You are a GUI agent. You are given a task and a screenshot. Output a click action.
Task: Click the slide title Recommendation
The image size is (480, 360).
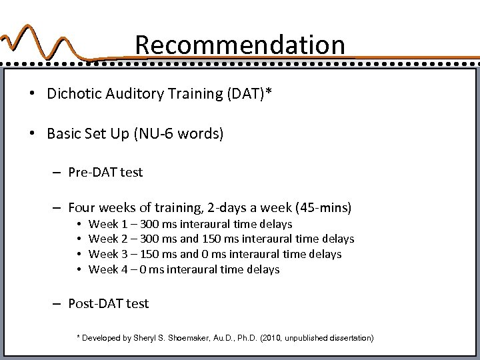[240, 45]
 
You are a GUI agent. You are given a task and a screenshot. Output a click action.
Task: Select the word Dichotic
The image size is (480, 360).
[72, 93]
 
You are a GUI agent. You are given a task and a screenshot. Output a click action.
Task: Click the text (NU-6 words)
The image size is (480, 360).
[181, 134]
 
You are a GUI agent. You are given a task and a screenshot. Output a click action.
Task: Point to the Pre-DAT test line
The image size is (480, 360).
[105, 172]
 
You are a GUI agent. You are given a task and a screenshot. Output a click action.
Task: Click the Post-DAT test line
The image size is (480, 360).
[109, 303]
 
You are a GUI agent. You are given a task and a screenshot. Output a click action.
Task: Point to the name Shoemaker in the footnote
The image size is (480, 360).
[191, 338]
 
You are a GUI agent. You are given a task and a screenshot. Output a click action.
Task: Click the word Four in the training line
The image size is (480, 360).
[83, 207]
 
